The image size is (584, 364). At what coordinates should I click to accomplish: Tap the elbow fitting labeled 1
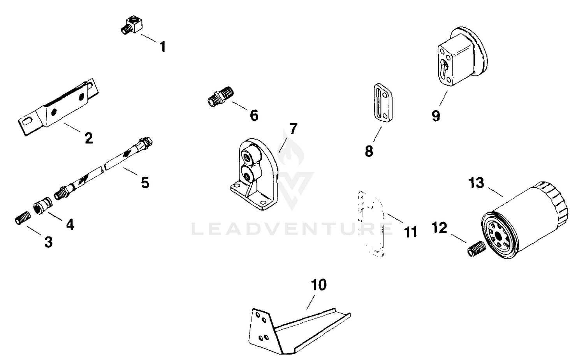(x=132, y=25)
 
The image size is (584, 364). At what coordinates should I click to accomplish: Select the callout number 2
(x=89, y=138)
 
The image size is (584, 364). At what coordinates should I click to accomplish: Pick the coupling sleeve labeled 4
(x=43, y=206)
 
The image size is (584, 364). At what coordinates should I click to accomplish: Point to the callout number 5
(x=145, y=182)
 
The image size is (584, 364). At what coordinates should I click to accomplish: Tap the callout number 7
(x=293, y=129)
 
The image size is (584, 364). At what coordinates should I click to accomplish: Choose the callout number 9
(x=436, y=116)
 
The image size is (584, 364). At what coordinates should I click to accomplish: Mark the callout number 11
(x=411, y=232)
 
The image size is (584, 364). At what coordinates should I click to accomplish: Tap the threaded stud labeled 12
(x=477, y=249)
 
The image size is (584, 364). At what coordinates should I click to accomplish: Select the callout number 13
(x=476, y=183)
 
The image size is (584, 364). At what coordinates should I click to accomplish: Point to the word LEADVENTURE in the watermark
(x=292, y=229)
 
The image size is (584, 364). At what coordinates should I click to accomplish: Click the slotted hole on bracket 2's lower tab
(x=28, y=122)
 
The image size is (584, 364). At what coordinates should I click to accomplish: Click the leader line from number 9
(x=443, y=98)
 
